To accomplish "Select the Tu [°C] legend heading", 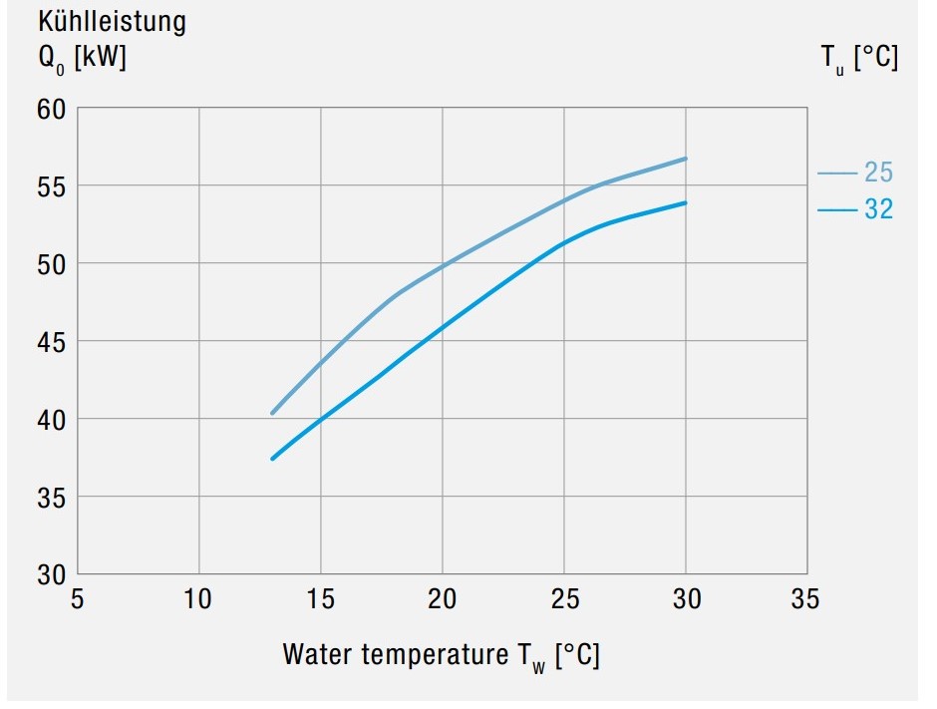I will pos(858,59).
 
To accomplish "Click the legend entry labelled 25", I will pos(877,173).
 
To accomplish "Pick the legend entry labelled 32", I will pos(877,210).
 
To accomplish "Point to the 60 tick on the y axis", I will pos(50,109).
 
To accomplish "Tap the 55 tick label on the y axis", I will pos(50,186).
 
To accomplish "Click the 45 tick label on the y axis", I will pos(50,342).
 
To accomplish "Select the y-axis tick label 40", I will pos(50,420).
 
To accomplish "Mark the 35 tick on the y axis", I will pos(50,498).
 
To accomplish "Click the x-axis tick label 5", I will pos(78,599).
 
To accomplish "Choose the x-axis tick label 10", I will pos(199,599).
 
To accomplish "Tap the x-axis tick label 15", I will pos(321,599).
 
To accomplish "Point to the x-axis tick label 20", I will pos(443,599).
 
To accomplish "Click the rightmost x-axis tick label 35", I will pos(805,599).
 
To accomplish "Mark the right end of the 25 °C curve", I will pos(686,159).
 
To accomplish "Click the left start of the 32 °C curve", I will pos(272,459).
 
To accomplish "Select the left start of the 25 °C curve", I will pos(272,413).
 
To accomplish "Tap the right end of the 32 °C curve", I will pos(686,203).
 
